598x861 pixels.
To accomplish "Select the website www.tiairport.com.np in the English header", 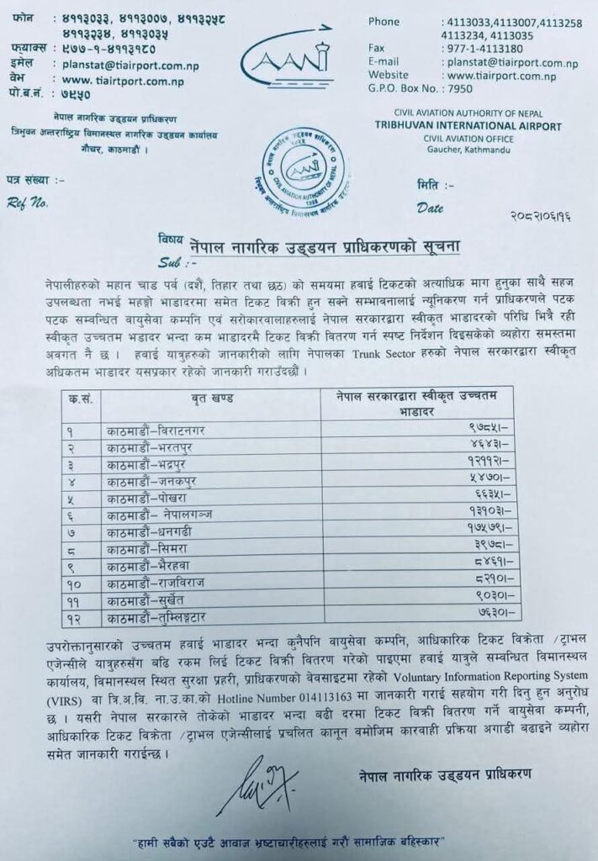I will pos(505,75).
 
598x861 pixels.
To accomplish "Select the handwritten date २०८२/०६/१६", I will pos(537,217).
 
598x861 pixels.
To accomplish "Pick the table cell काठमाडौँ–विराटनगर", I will pos(156,430).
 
